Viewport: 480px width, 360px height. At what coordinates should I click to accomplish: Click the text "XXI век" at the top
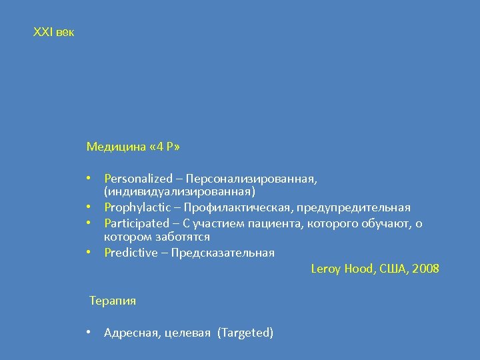pyautogui.click(x=53, y=31)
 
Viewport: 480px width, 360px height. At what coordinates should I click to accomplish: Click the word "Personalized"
pyautogui.click(x=138, y=179)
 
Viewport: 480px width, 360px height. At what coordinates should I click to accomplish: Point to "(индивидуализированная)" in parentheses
pyautogui.click(x=179, y=192)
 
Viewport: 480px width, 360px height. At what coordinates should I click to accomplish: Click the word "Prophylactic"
pyautogui.click(x=136, y=207)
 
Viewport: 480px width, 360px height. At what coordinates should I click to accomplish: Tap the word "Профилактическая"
pyautogui.click(x=239, y=207)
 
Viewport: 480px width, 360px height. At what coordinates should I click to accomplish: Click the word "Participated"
pyautogui.click(x=137, y=223)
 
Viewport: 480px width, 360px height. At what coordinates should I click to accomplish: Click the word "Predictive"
pyautogui.click(x=131, y=253)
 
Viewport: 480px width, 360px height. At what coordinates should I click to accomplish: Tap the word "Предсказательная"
pyautogui.click(x=223, y=253)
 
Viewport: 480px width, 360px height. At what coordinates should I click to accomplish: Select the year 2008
pyautogui.click(x=425, y=269)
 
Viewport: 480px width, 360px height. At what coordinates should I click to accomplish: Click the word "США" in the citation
pyautogui.click(x=389, y=269)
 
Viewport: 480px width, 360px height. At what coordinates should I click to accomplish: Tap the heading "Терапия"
pyautogui.click(x=113, y=301)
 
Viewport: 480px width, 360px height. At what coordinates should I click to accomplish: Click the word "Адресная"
pyautogui.click(x=130, y=333)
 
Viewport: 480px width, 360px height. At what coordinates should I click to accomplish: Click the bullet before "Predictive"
pyautogui.click(x=89, y=253)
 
